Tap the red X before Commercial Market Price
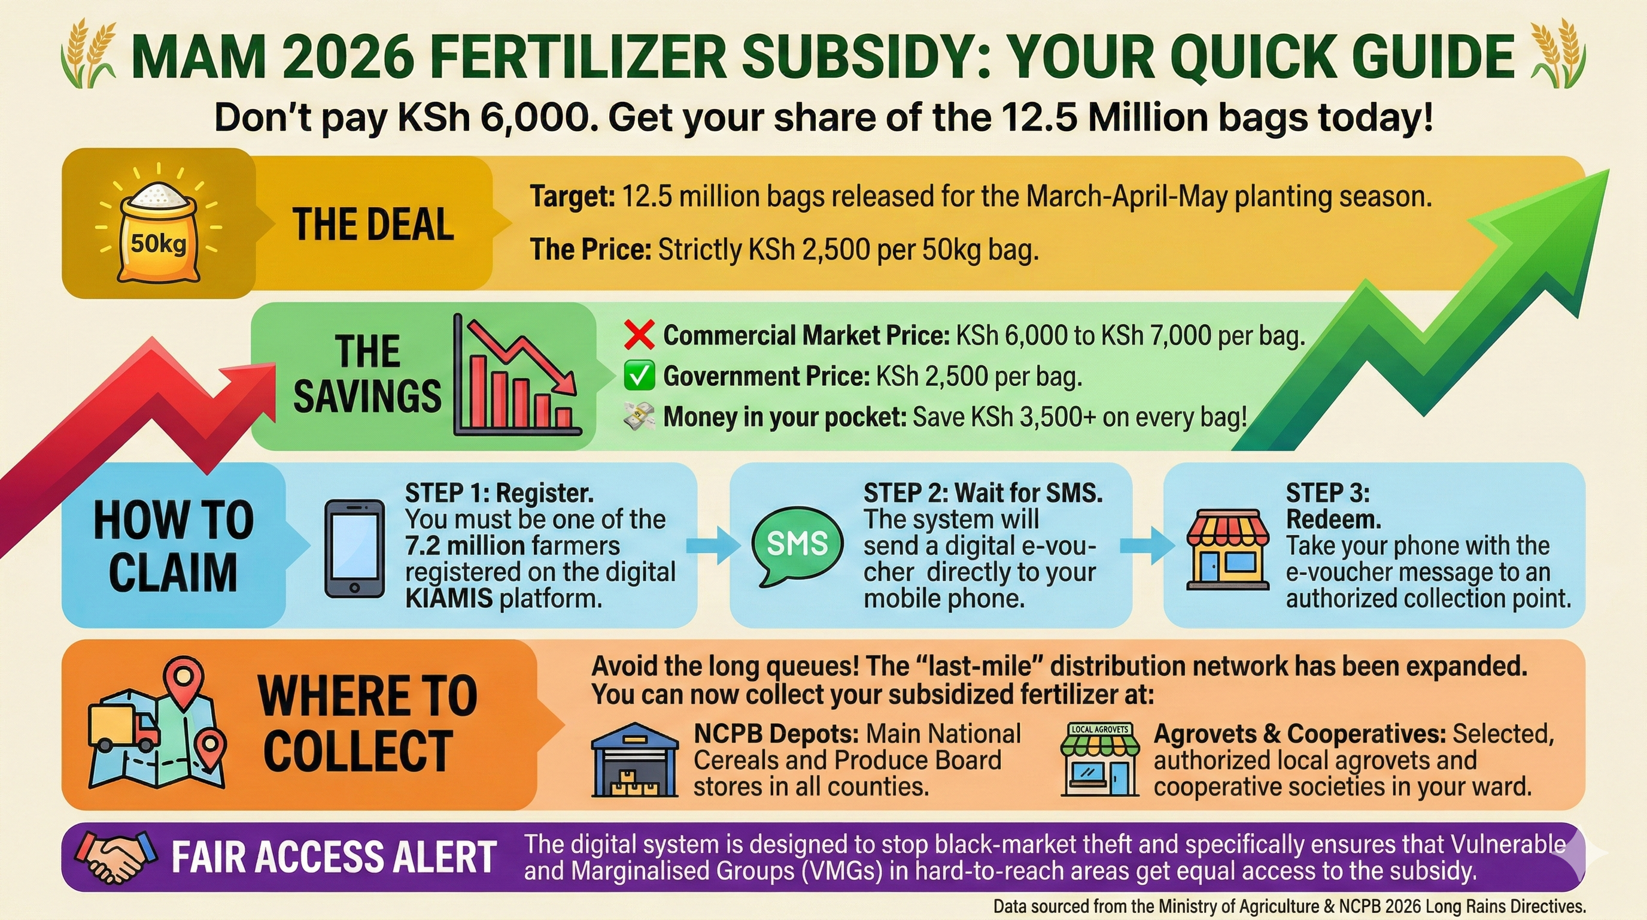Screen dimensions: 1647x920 [x=639, y=335]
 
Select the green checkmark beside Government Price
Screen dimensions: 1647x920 [x=639, y=376]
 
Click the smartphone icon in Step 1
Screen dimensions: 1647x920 [x=355, y=548]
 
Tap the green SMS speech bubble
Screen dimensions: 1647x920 [x=797, y=546]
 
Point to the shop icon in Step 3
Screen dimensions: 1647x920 [x=1227, y=549]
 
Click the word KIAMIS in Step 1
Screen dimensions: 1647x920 [x=449, y=598]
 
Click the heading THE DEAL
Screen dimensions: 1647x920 [x=373, y=225]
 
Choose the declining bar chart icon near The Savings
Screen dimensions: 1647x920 [x=516, y=376]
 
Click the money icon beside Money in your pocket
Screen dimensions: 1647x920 [x=639, y=416]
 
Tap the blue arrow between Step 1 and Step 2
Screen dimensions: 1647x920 [x=713, y=545]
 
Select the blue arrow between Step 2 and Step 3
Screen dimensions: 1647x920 [x=1147, y=545]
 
